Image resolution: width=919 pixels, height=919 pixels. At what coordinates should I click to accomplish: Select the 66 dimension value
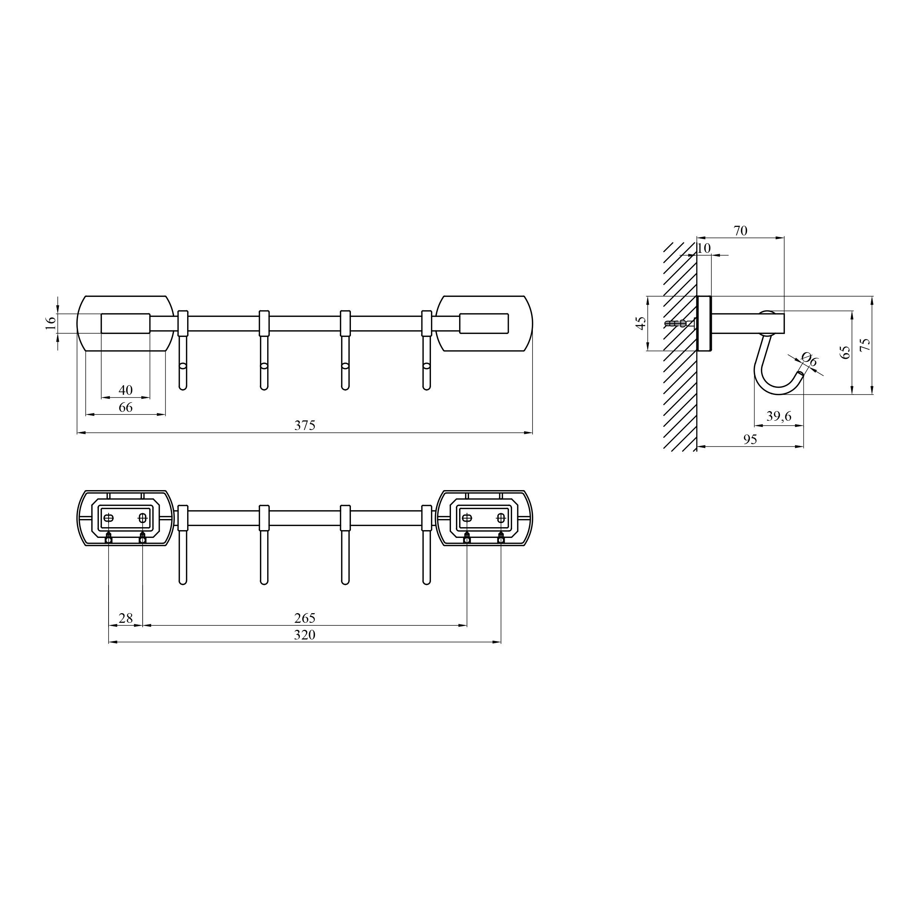click(126, 407)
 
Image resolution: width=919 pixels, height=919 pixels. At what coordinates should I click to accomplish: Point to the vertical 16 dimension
click(51, 323)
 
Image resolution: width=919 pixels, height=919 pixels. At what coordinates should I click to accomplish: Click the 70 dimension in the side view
click(740, 231)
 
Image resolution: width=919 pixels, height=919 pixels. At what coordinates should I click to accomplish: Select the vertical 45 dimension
click(641, 323)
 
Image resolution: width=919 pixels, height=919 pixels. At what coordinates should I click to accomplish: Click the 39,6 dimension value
click(779, 416)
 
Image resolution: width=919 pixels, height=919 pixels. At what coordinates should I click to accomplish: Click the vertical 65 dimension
click(845, 352)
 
